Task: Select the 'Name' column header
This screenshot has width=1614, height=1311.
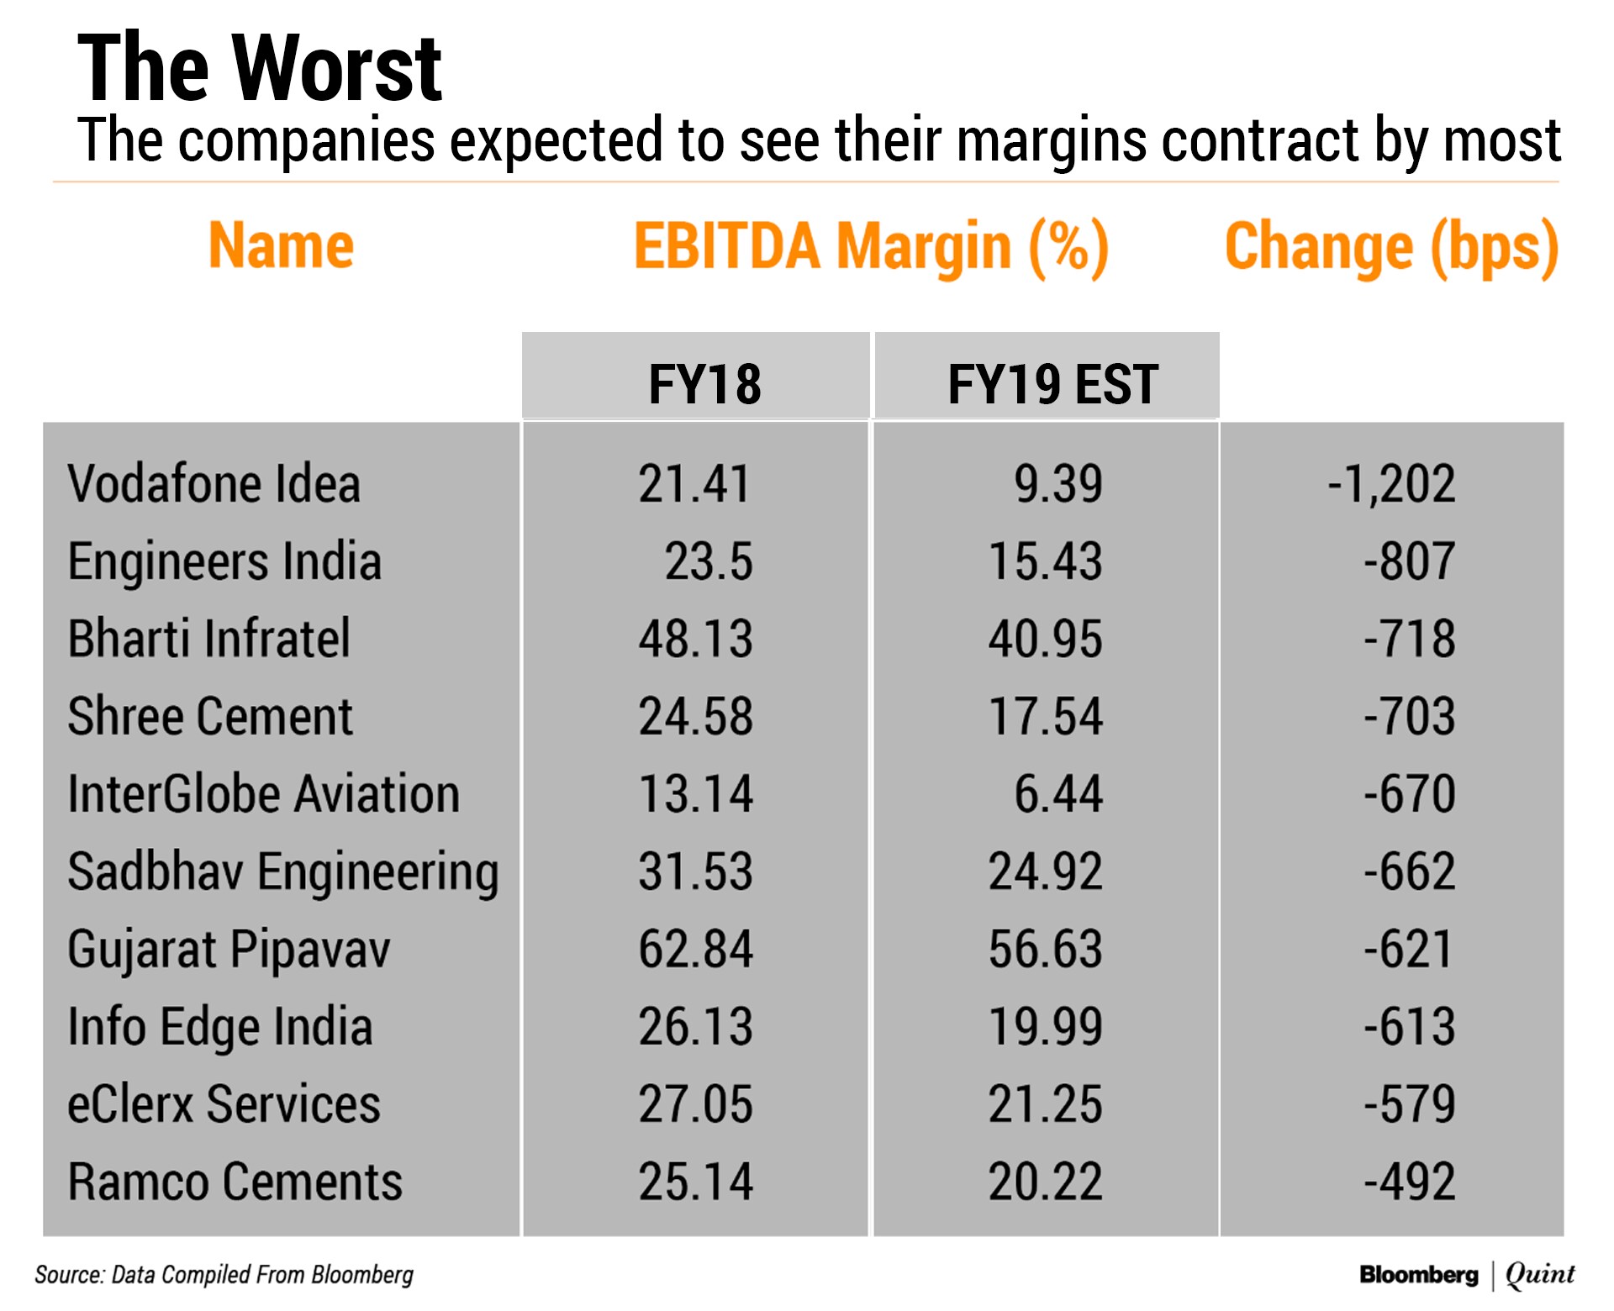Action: (x=281, y=245)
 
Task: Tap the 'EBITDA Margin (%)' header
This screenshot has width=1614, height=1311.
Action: (x=871, y=247)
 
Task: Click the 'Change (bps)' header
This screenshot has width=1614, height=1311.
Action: (x=1391, y=247)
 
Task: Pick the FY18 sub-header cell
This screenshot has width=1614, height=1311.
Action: (x=704, y=384)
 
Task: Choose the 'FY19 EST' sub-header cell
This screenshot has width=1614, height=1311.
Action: (x=1052, y=384)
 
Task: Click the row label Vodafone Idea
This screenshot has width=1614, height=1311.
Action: (x=214, y=484)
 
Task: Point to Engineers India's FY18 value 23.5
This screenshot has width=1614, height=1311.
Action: (x=709, y=561)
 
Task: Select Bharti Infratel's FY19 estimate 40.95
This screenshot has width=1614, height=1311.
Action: (x=1045, y=639)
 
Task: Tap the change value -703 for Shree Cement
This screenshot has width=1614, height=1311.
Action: (x=1409, y=716)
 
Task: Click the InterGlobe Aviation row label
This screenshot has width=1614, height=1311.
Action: (x=263, y=794)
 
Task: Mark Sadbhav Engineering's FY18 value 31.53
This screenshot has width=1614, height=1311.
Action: (x=695, y=871)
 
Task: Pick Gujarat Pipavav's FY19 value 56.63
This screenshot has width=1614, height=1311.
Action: (x=1045, y=949)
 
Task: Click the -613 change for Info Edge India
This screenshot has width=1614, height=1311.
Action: (x=1409, y=1026)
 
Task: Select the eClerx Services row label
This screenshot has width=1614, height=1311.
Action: (x=224, y=1104)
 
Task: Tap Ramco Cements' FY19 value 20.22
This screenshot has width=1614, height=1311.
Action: (x=1045, y=1182)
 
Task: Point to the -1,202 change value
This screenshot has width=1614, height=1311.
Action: (x=1391, y=484)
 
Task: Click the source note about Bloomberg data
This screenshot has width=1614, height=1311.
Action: (x=224, y=1275)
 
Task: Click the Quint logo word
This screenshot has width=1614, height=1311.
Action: (x=1540, y=1275)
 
